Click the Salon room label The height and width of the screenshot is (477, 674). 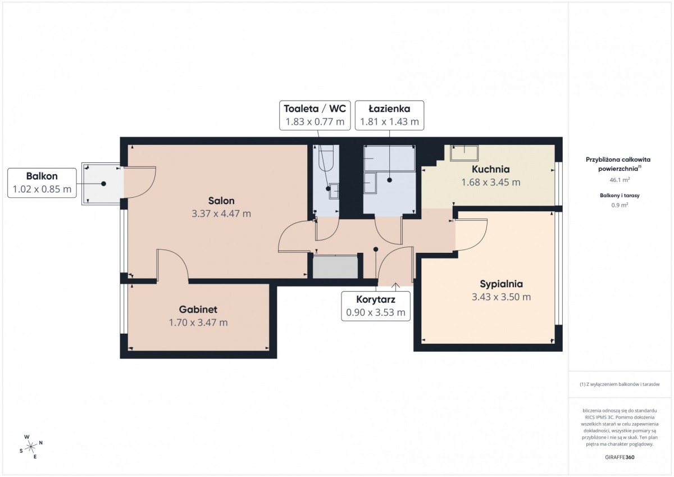[221, 201]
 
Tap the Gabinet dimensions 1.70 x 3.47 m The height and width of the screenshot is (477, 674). [198, 322]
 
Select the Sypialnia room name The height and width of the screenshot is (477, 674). [501, 284]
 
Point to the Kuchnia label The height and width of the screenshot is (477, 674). [491, 169]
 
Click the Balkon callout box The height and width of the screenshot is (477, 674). [42, 183]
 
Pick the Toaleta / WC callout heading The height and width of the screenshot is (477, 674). [315, 108]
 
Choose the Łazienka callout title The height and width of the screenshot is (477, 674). [389, 108]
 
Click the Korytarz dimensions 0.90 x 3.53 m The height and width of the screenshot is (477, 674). [376, 312]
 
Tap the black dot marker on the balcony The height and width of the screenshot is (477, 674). [103, 184]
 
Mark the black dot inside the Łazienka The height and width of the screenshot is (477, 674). [389, 180]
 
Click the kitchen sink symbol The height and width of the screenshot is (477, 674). [464, 153]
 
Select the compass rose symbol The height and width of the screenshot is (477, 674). [31, 447]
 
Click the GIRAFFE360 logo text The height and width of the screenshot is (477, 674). [620, 457]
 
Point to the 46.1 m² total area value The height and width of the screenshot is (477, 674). [620, 180]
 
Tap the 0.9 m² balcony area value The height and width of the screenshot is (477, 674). [620, 205]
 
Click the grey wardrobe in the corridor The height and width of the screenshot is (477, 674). [335, 267]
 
